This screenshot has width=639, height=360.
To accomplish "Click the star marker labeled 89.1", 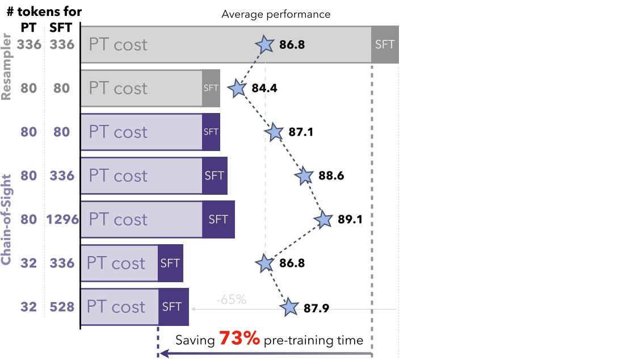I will pyautogui.click(x=324, y=220).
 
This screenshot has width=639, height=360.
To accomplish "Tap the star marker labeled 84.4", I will pyautogui.click(x=237, y=89).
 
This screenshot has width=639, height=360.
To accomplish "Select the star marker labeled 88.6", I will pyautogui.click(x=304, y=176).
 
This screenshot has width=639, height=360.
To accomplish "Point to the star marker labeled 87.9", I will pyautogui.click(x=289, y=307).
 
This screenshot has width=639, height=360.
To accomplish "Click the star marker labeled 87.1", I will pyautogui.click(x=274, y=132).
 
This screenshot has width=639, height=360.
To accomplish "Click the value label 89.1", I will pyautogui.click(x=350, y=220).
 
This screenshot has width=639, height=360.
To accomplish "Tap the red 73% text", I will pyautogui.click(x=239, y=340).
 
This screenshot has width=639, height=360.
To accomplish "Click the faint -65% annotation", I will pyautogui.click(x=231, y=299).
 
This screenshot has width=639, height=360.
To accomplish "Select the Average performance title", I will pyautogui.click(x=276, y=14).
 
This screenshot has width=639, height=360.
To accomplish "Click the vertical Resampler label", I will pyautogui.click(x=7, y=67).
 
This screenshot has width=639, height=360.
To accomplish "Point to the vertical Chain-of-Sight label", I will pyautogui.click(x=7, y=220).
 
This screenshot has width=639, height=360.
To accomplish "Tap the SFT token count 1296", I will pyautogui.click(x=62, y=220).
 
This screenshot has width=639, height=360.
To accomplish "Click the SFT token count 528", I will pyautogui.click(x=61, y=307).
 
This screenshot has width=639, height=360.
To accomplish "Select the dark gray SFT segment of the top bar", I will pyautogui.click(x=385, y=45).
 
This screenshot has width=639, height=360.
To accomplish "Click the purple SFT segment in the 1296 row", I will pyautogui.click(x=218, y=220).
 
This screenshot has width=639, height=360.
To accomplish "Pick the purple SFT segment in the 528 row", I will pyautogui.click(x=173, y=307).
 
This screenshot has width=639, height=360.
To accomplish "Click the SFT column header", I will pyautogui.click(x=61, y=27).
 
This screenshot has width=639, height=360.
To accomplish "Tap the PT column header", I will pyautogui.click(x=29, y=27).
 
